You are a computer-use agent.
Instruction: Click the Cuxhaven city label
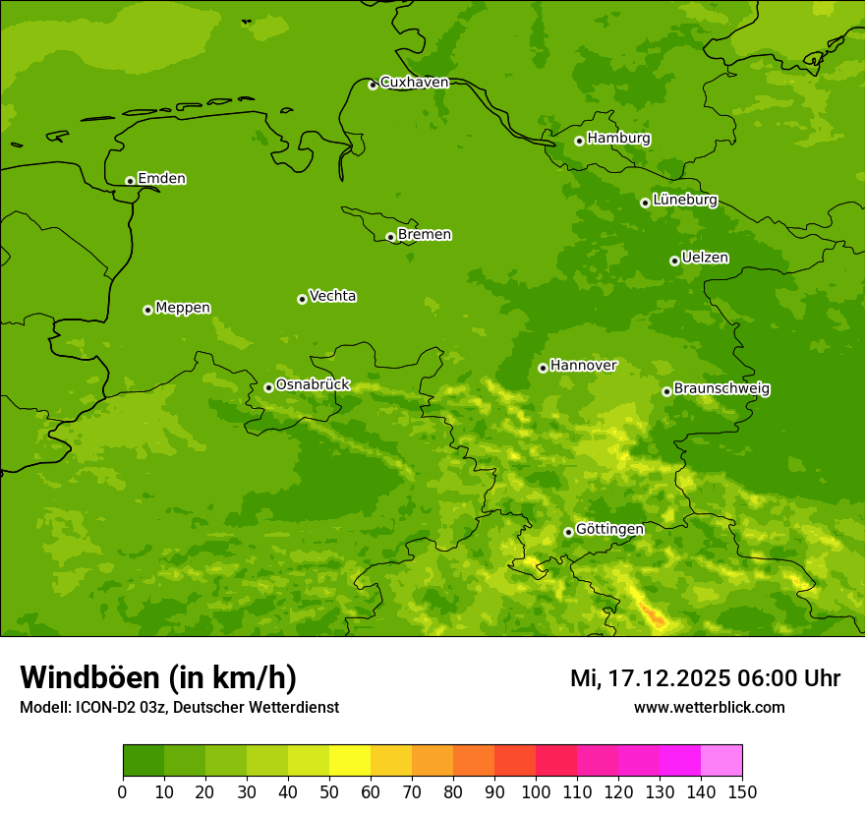click(414, 83)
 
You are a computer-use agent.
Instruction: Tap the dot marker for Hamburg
click(579, 141)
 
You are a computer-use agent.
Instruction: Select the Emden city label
click(161, 179)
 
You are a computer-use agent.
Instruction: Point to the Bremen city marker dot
click(390, 237)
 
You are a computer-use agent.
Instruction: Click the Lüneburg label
click(684, 200)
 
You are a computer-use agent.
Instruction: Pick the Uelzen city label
click(705, 259)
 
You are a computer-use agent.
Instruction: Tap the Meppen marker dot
click(147, 310)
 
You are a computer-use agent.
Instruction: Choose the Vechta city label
click(332, 296)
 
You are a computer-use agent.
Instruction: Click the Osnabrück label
click(313, 385)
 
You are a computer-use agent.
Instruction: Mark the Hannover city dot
click(543, 368)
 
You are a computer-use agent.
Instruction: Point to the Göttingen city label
click(609, 530)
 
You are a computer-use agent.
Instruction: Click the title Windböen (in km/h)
click(158, 677)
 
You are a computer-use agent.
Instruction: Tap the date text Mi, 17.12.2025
click(649, 678)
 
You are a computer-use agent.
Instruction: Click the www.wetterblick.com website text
click(709, 707)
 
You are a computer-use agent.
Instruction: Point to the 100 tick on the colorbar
click(536, 791)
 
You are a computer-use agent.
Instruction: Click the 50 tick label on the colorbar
click(329, 791)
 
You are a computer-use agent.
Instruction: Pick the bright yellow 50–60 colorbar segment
click(350, 761)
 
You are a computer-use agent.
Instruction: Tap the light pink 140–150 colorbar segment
click(721, 761)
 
